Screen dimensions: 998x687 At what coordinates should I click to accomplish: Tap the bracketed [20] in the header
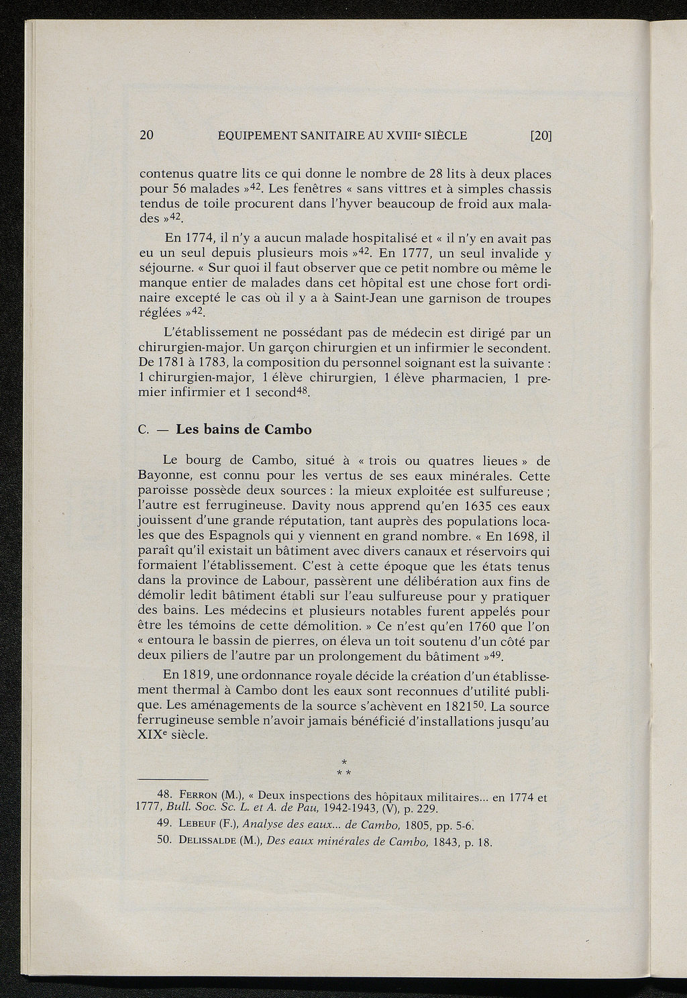540,135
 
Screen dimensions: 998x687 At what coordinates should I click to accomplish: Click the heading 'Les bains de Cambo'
244,430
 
